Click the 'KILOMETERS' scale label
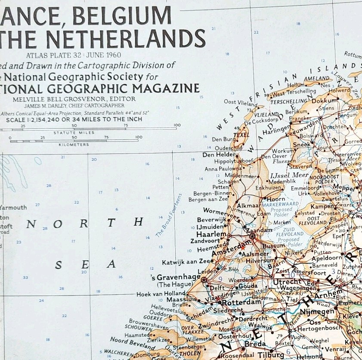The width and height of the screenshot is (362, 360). tap(74, 145)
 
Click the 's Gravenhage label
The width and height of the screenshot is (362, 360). tap(178, 277)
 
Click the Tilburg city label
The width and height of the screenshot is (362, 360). tap(272, 355)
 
